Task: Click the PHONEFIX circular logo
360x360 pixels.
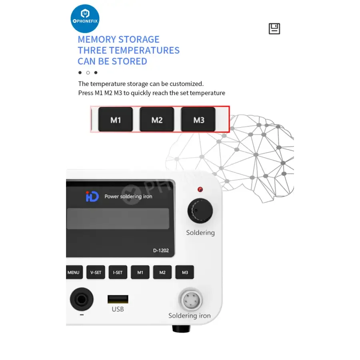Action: [85, 18]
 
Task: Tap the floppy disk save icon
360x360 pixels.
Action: [274, 29]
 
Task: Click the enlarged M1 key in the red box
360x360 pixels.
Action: [116, 119]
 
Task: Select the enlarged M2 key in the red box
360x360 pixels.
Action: [157, 119]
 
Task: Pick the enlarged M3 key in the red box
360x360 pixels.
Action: [198, 119]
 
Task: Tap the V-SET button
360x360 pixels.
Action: [96, 272]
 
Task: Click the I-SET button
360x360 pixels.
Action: [118, 272]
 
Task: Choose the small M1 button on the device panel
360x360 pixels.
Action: [140, 272]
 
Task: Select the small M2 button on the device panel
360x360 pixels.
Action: [162, 272]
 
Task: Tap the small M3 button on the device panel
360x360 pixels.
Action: [184, 272]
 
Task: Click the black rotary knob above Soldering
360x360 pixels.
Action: [200, 211]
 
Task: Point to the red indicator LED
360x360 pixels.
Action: [200, 190]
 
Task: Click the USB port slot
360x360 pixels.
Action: [118, 299]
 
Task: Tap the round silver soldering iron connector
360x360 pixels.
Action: [190, 300]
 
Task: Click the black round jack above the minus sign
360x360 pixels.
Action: [82, 299]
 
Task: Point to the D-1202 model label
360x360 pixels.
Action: [161, 250]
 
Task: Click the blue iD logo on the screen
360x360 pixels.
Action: [92, 196]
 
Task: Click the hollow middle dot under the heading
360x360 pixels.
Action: [88, 73]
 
